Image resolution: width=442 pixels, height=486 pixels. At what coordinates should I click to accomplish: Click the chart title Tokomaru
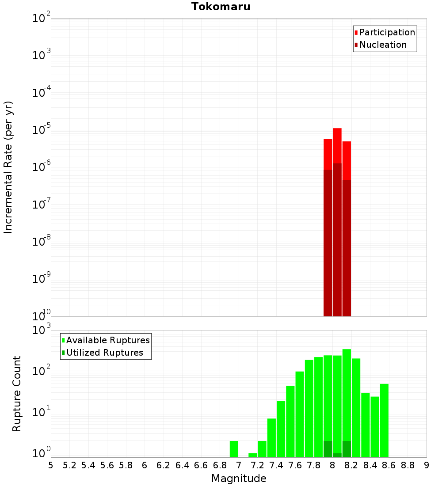(221, 7)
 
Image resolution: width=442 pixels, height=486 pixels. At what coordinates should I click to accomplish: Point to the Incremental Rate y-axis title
(8, 167)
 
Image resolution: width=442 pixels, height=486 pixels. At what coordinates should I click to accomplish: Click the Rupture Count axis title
(17, 394)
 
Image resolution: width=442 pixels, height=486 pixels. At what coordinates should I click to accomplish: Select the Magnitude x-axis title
(239, 478)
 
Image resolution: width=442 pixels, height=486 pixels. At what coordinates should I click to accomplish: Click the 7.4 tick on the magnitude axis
(276, 465)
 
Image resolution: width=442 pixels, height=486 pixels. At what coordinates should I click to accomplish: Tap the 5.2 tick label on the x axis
(69, 465)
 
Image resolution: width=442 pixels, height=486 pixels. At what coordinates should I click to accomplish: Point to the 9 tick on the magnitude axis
(427, 465)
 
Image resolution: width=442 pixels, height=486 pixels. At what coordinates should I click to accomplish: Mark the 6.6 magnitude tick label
(201, 465)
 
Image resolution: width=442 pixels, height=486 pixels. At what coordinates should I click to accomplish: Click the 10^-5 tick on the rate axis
(41, 130)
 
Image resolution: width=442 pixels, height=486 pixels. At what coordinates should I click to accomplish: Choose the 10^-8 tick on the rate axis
(41, 242)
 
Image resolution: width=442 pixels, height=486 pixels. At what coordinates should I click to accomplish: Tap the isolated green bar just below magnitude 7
(234, 449)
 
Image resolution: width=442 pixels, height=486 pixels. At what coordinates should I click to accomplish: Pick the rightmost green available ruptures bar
(384, 420)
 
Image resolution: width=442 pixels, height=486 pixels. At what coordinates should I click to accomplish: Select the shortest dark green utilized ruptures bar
(337, 455)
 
